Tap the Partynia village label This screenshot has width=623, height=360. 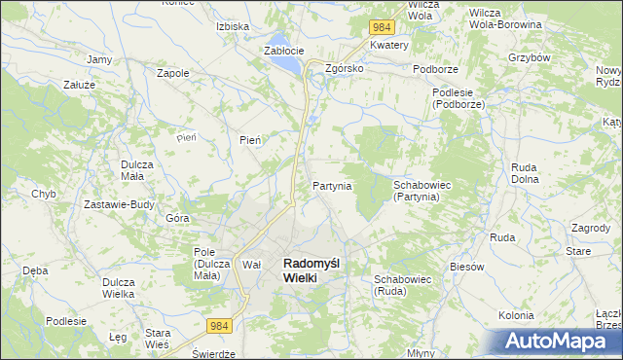[332, 185]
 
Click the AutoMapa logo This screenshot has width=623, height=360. [558, 342]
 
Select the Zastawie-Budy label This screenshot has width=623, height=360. [120, 204]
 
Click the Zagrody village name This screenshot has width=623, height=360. [591, 227]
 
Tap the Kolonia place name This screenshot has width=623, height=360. [516, 315]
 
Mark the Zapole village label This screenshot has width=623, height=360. [172, 72]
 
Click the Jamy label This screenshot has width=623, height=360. [98, 59]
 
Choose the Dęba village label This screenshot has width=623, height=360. [35, 270]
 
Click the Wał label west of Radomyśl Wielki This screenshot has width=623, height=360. [252, 265]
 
